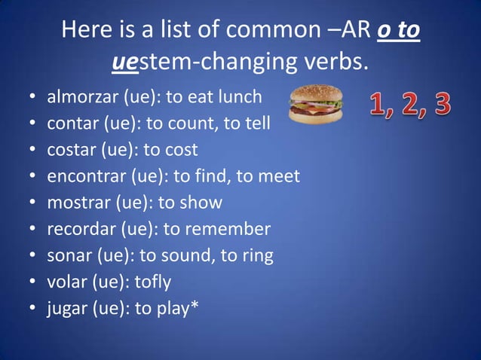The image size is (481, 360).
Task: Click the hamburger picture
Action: [316, 104]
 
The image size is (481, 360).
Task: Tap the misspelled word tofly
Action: [153, 282]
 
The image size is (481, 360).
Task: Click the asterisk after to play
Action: [195, 305]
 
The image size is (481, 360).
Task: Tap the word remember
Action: [233, 229]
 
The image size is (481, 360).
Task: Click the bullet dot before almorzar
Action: [33, 98]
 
